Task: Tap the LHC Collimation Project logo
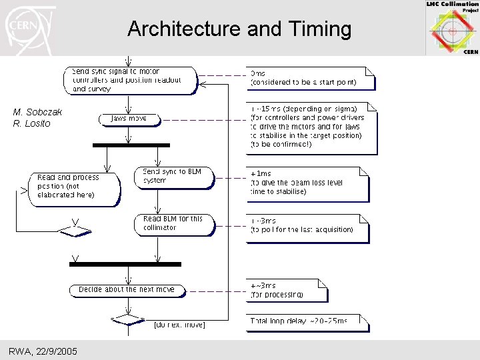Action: coord(452,28)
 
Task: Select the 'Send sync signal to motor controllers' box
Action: coord(134,80)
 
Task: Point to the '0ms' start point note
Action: coord(309,78)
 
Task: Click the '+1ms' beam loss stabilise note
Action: coord(307,183)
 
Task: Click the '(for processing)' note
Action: coord(286,290)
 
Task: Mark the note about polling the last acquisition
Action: coord(307,226)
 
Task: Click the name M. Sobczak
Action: coord(37,112)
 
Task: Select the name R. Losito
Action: coord(32,123)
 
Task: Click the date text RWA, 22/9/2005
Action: coord(43,351)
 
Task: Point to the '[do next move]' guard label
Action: coord(179,325)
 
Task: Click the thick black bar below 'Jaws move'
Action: coord(131,145)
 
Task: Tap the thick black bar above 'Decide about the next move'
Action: coord(125,264)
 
